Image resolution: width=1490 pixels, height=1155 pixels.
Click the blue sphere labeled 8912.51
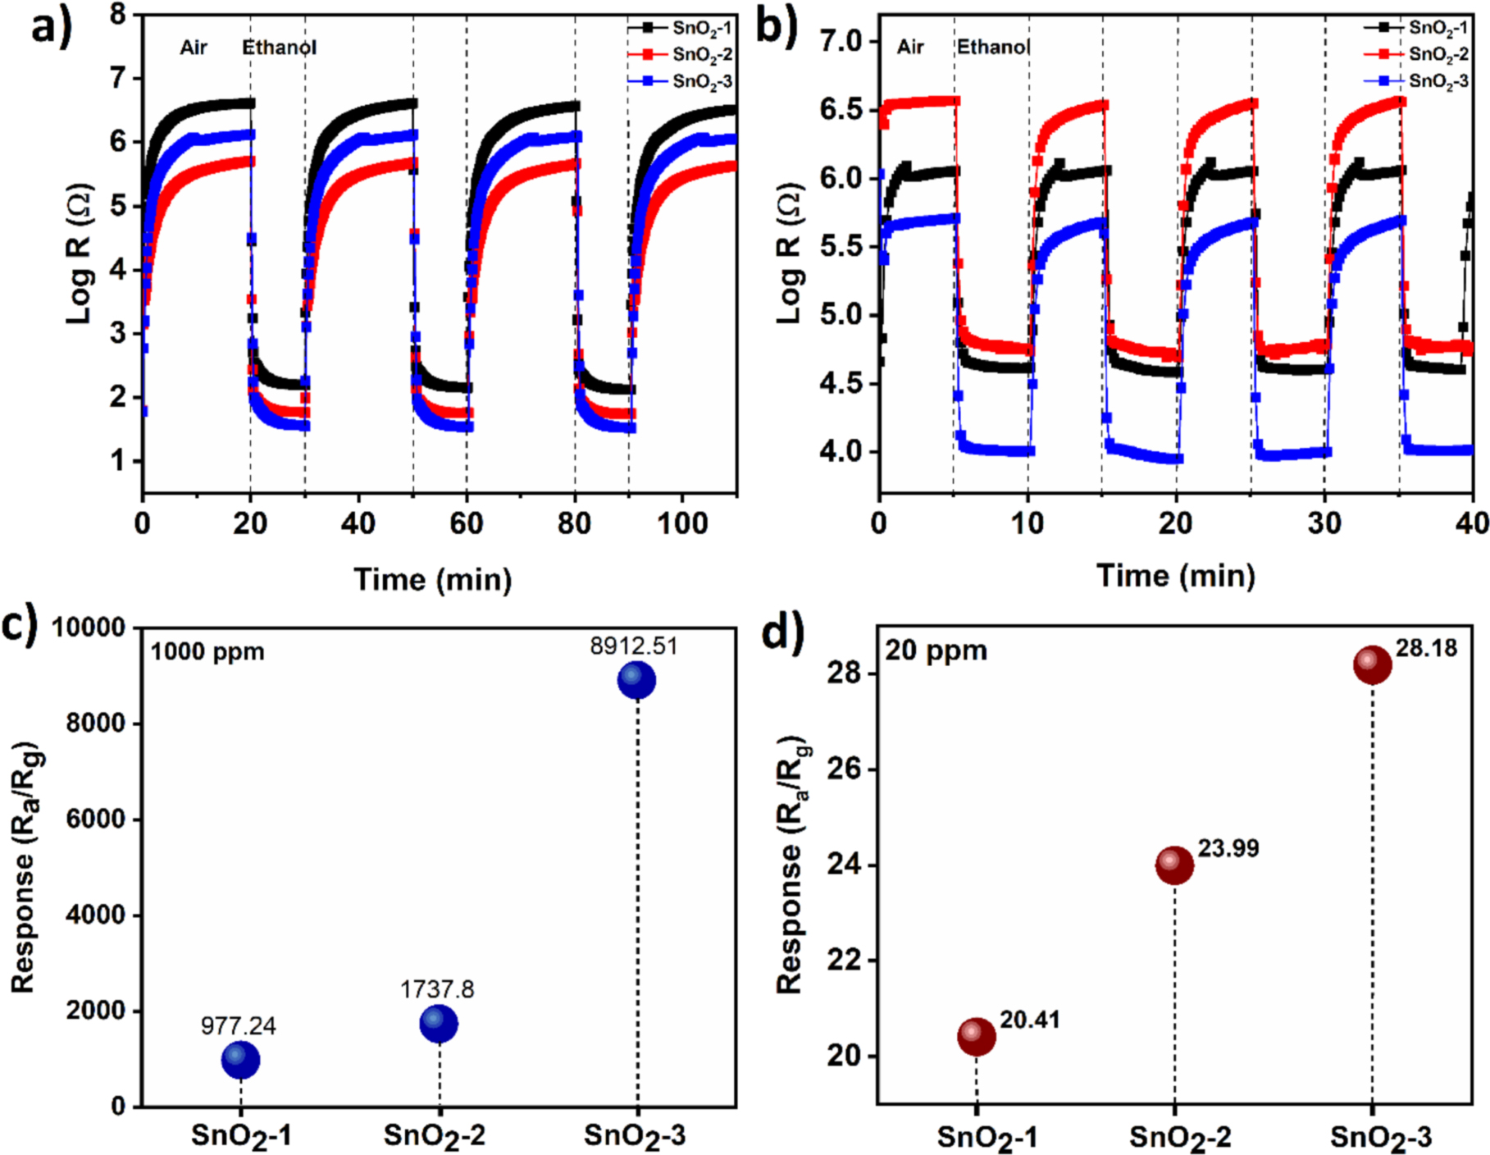(637, 680)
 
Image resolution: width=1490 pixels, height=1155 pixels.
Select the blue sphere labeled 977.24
(240, 1060)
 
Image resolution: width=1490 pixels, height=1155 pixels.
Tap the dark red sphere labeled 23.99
(1174, 865)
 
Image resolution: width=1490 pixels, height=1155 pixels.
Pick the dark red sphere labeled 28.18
(1372, 664)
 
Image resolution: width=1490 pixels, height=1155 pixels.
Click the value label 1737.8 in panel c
(437, 989)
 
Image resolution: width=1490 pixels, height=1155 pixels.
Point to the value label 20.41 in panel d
(1030, 1020)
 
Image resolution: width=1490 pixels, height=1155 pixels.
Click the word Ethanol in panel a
(279, 48)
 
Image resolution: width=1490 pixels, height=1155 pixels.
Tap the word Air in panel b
(910, 47)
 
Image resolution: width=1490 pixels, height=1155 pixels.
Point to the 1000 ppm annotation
(207, 652)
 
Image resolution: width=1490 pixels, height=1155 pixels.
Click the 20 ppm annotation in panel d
(936, 651)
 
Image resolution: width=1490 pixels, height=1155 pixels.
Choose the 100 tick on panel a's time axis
(682, 523)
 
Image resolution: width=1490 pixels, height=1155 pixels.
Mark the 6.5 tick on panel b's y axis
(845, 110)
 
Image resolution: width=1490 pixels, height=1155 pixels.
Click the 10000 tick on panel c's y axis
(89, 628)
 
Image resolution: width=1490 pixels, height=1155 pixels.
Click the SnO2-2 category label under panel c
(435, 1135)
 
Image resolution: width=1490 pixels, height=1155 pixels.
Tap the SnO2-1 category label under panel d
(986, 1137)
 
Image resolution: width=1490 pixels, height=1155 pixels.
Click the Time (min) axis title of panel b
(1176, 576)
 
